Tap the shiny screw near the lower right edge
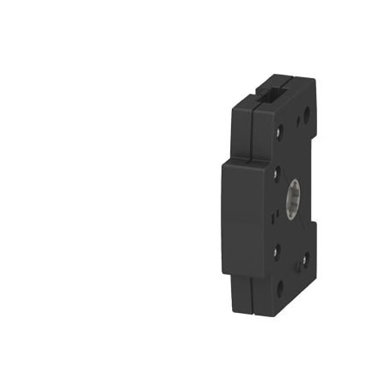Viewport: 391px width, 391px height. pos(303,258)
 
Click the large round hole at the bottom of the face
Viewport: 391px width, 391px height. pos(279,283)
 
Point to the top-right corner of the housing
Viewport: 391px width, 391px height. pos(314,80)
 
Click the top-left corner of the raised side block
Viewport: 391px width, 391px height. pos(224,162)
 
